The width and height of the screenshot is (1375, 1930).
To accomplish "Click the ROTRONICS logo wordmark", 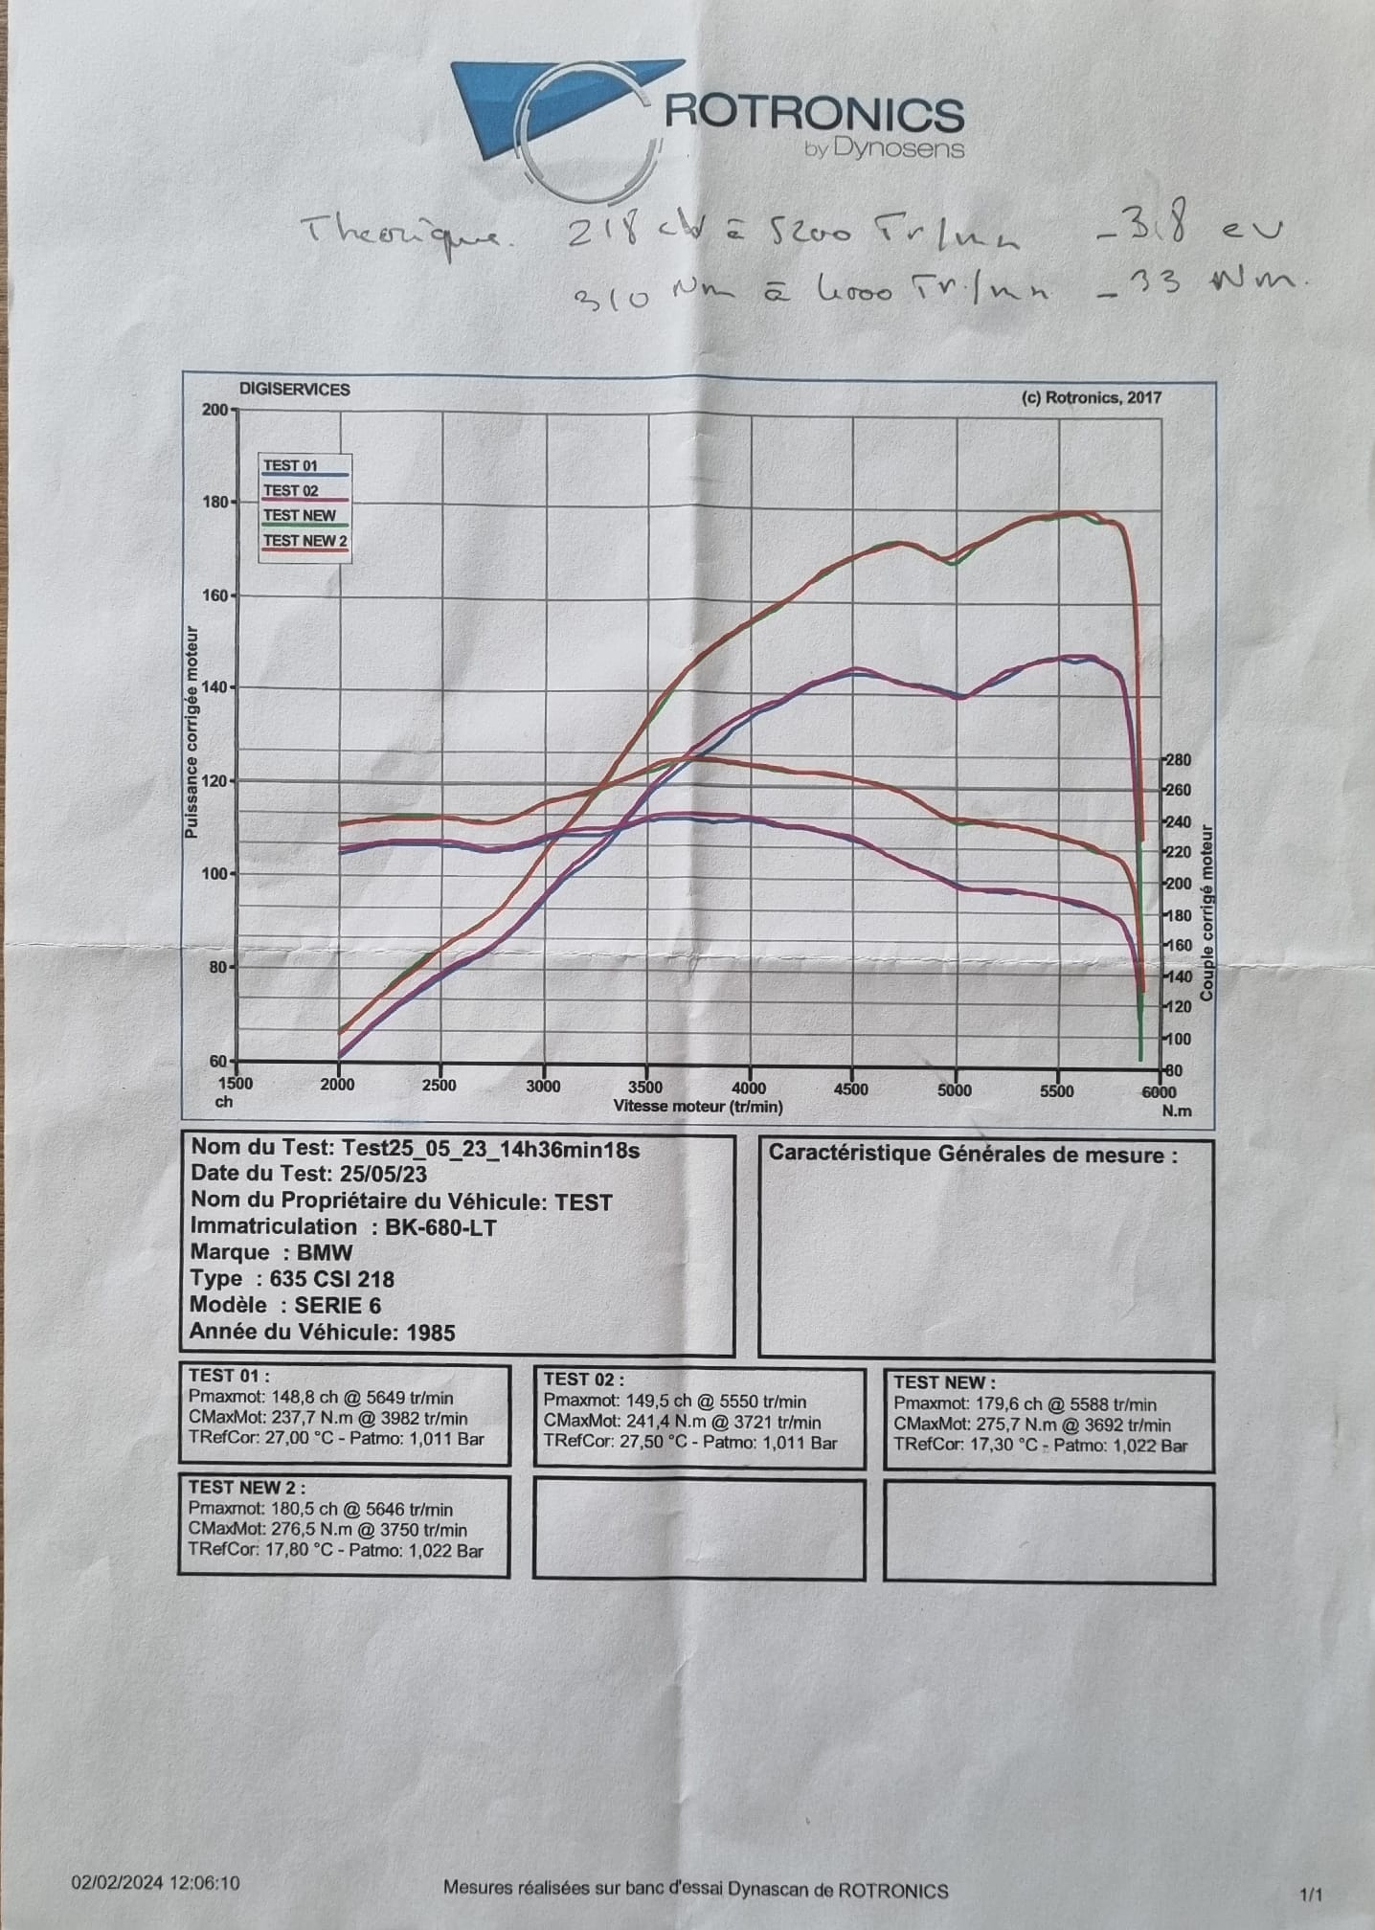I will tap(814, 115).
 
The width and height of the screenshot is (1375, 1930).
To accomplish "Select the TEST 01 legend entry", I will tap(291, 466).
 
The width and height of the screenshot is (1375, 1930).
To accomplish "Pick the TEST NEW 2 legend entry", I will tap(301, 540).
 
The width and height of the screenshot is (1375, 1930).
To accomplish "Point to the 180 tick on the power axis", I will tap(214, 502).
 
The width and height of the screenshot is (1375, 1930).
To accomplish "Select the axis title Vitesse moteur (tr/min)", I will tap(698, 1106).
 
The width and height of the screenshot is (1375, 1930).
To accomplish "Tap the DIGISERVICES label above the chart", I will tap(294, 390).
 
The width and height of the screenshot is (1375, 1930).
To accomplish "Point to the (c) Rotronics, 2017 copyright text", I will tap(1092, 397).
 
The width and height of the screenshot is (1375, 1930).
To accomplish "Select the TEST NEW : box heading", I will tap(944, 1382).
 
